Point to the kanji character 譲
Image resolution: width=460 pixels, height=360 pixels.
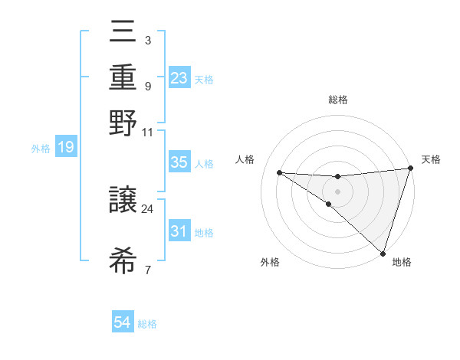pos(123,198)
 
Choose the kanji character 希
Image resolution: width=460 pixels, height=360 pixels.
pos(123,260)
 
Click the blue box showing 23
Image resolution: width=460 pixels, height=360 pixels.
pos(179,78)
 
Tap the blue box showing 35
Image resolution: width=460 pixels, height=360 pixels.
pos(179,162)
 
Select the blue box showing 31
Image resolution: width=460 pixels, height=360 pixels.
pos(179,231)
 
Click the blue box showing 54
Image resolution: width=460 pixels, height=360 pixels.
pos(123,322)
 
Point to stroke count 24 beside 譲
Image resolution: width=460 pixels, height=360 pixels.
pos(148,208)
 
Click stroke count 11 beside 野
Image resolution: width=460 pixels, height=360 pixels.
pos(148,132)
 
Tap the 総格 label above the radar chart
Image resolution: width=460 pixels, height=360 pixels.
pos(337,100)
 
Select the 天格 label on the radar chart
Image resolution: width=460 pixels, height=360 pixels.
pos(431,159)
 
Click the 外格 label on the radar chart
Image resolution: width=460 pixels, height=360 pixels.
pos(270,262)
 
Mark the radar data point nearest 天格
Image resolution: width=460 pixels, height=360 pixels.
pos(410,169)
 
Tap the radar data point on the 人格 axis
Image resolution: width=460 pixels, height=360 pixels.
pos(280,172)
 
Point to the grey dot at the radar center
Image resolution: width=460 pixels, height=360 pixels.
pos(337,191)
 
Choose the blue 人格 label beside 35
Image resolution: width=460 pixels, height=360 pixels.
pos(204,163)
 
